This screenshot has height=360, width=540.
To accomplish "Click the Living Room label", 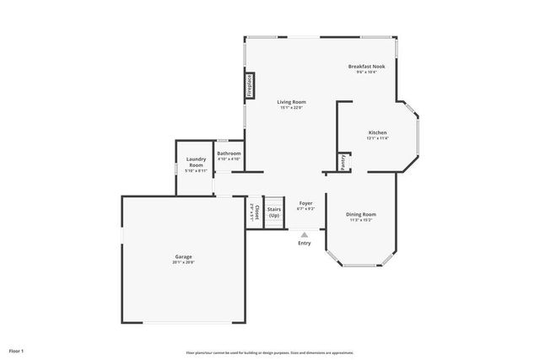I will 291,102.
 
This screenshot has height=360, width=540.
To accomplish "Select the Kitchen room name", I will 377,133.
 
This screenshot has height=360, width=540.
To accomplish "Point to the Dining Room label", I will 361,214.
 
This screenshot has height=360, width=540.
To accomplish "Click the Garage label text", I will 183,256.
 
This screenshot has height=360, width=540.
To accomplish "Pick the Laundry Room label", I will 197,162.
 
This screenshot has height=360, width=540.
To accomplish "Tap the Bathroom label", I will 229,153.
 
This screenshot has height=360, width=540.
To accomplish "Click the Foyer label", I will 305,203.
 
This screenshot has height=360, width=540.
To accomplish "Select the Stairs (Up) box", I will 274,212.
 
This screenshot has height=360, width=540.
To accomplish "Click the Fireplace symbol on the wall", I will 250,85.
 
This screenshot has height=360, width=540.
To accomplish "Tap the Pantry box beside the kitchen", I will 343,162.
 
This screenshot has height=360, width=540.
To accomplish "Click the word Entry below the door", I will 305,244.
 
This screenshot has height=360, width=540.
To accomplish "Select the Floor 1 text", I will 17,350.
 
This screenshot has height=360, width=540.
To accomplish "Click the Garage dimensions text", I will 183,262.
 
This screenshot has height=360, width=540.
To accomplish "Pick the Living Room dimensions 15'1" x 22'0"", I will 291,108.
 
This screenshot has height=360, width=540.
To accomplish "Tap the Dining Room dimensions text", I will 361,220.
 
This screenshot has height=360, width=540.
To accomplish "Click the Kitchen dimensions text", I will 377,139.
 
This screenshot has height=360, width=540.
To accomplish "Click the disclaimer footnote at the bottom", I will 270,352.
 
